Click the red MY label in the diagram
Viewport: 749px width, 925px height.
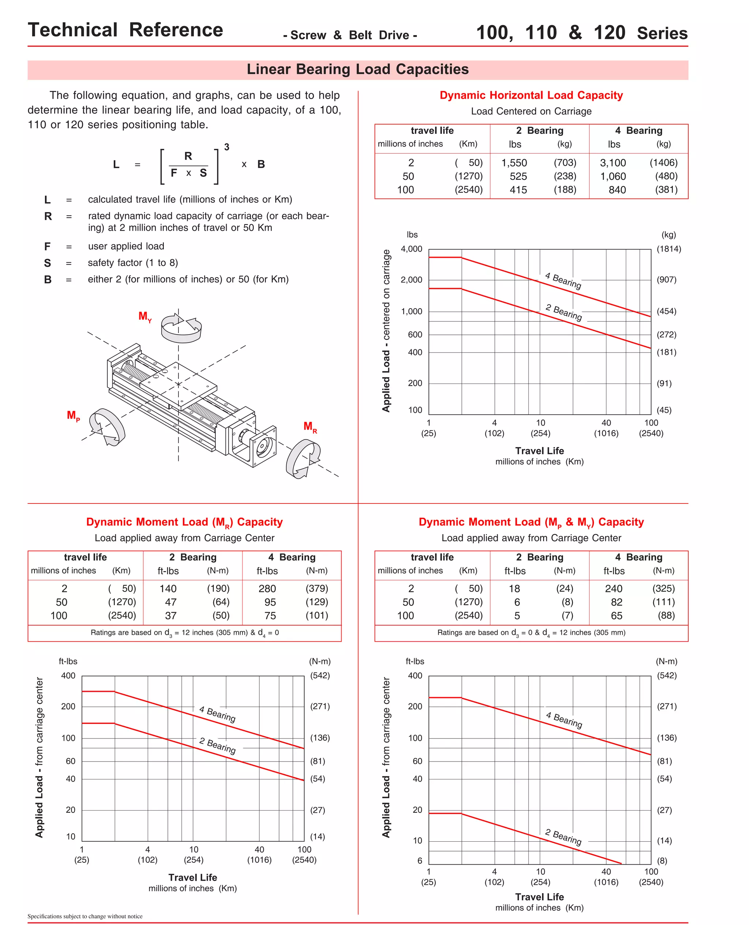pos(144,317)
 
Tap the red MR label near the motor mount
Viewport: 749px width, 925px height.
pos(310,427)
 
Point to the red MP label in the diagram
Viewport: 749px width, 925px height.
pos(73,416)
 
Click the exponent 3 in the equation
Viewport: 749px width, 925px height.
pos(226,147)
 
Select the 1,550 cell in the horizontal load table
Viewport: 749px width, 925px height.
pos(514,163)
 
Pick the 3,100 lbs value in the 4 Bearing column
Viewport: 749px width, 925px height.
pos(613,163)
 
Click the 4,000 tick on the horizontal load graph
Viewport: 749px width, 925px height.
pos(411,249)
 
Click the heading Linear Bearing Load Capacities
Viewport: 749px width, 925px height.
pos(357,69)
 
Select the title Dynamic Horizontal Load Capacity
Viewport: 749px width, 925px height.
pos(531,95)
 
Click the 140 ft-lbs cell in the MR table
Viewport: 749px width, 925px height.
pos(168,589)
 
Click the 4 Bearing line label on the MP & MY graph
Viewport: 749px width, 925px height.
pos(564,720)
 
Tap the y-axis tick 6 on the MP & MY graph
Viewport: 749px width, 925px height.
pos(419,861)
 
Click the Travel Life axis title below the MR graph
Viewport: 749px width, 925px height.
pos(192,877)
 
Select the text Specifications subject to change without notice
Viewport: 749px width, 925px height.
pos(85,916)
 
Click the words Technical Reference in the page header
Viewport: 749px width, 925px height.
pos(125,30)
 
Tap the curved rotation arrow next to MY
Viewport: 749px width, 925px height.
pos(181,328)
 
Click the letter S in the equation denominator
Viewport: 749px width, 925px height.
pos(203,173)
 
